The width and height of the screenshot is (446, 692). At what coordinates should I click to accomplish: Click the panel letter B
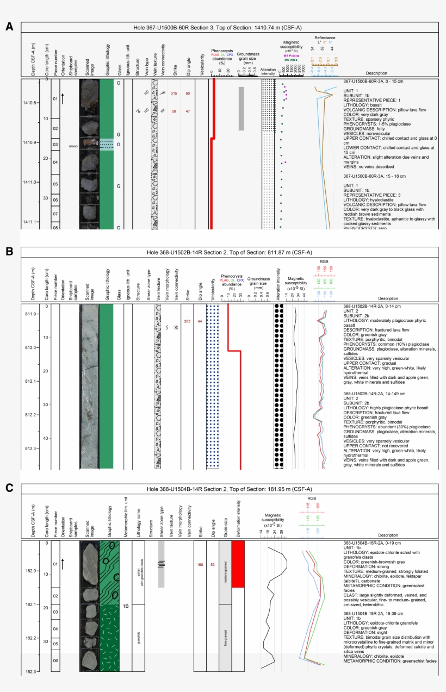click(9, 251)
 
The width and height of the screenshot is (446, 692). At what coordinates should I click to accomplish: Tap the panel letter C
click(9, 488)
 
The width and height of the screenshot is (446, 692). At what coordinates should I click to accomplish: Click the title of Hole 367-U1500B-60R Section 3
click(226, 28)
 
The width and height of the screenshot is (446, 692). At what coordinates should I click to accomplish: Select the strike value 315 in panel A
click(174, 93)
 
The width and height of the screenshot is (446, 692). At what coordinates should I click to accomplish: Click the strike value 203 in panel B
click(188, 321)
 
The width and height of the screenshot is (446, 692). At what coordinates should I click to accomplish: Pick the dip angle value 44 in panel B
click(200, 321)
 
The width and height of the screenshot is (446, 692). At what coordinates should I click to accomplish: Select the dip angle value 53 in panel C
click(213, 564)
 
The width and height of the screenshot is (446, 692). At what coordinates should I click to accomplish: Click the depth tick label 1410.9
click(29, 142)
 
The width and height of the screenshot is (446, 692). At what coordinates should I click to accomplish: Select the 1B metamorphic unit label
click(125, 606)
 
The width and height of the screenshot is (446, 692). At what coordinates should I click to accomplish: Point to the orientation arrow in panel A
click(63, 98)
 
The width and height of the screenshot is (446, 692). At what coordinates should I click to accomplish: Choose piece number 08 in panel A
click(55, 227)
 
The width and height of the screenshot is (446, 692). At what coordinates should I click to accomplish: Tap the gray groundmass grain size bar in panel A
click(241, 109)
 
